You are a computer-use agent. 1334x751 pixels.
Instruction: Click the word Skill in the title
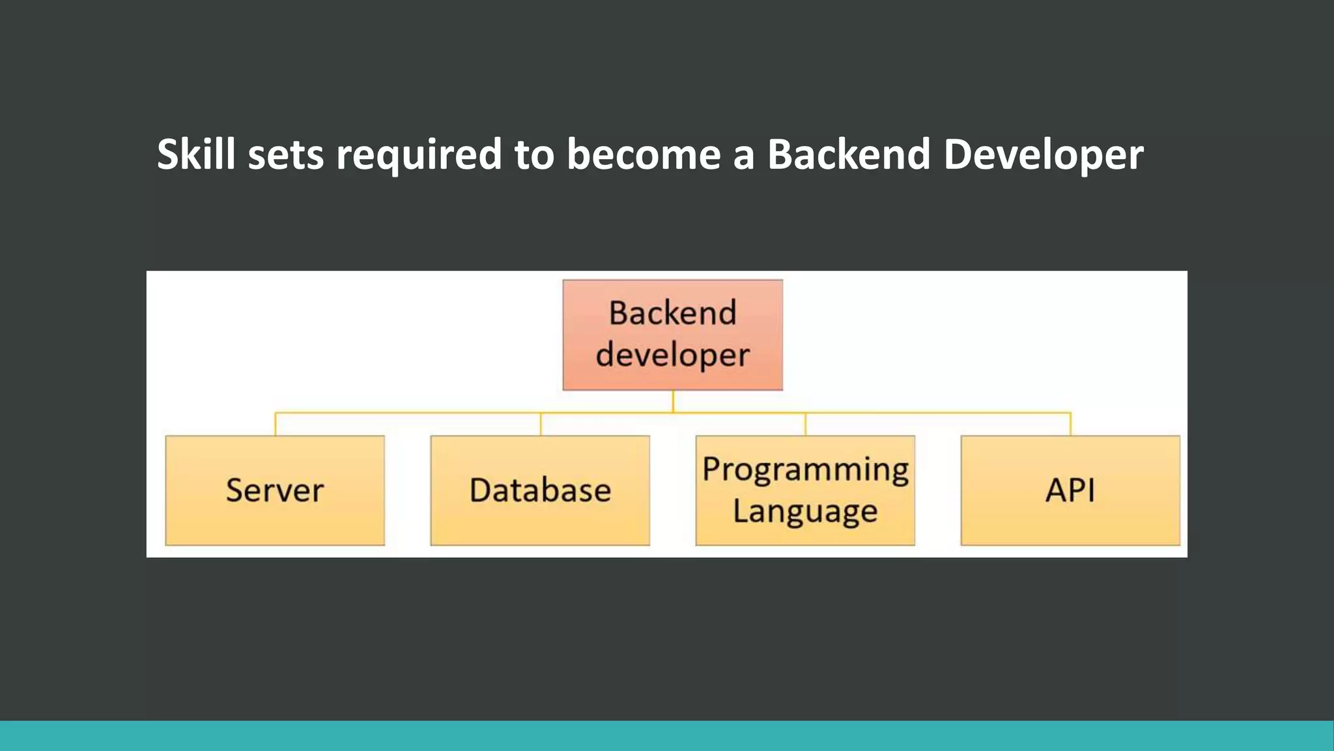click(195, 155)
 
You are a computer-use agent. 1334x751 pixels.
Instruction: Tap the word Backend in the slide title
click(848, 155)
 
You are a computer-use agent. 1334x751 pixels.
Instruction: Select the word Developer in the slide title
click(1043, 155)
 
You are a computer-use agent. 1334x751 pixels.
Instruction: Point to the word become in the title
click(643, 155)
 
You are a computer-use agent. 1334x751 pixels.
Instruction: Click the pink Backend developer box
click(673, 335)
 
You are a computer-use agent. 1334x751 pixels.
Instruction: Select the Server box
click(275, 490)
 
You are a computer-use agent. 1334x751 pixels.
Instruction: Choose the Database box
click(540, 490)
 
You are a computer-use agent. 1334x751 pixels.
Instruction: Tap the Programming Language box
click(805, 490)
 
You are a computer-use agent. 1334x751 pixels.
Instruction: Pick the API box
click(1070, 490)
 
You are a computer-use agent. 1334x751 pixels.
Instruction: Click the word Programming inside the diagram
click(805, 469)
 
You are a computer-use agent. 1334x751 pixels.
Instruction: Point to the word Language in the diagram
click(805, 511)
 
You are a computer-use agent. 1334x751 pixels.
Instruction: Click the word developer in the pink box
click(673, 355)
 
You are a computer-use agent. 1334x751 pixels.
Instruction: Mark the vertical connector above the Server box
click(276, 424)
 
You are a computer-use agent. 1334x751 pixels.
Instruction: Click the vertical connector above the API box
click(1070, 424)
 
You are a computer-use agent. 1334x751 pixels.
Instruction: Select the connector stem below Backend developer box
click(673, 401)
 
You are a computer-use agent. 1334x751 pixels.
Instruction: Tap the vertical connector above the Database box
click(541, 424)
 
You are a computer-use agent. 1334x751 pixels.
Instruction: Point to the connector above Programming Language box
click(806, 424)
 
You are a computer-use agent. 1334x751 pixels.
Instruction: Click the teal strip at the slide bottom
click(667, 735)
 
